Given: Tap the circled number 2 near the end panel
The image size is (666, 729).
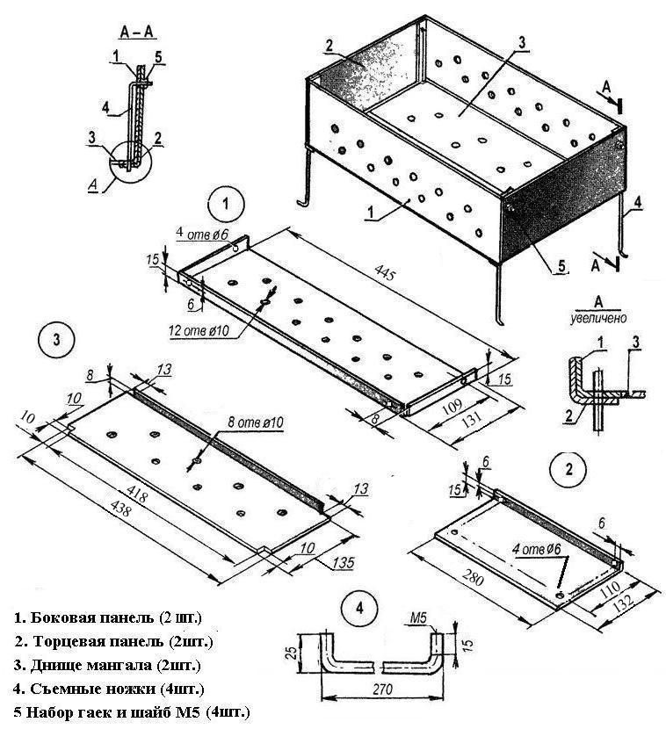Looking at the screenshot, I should point(568,468).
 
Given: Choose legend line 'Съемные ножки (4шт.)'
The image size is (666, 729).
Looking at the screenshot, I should point(115,688).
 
